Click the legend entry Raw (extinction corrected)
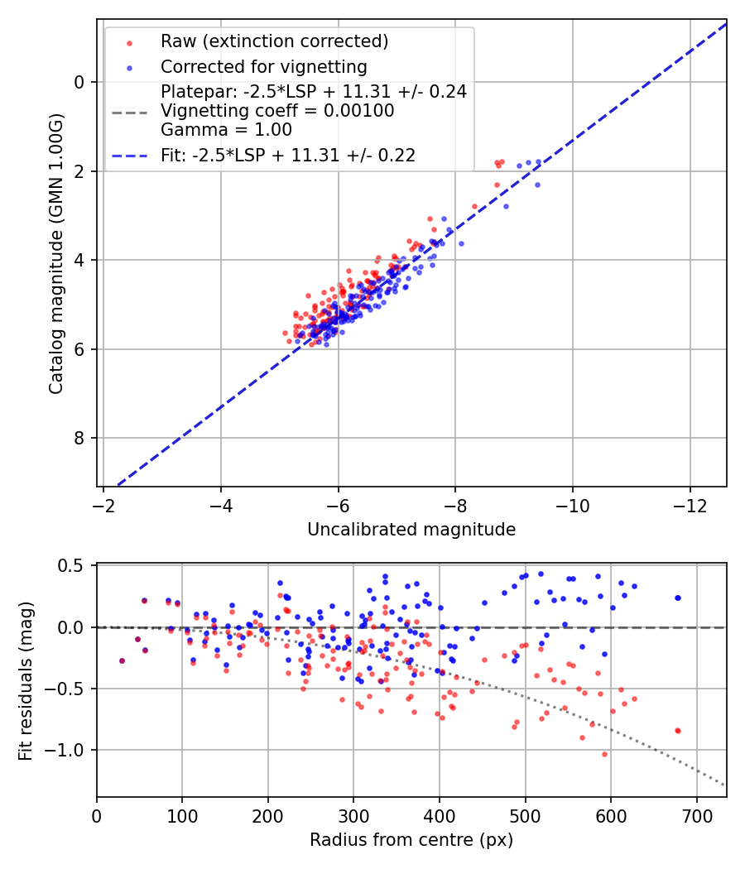coord(274,41)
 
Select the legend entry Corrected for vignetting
coord(263,66)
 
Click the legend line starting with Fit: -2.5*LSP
coord(287,155)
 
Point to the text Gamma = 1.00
coord(226,129)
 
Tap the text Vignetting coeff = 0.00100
coord(276,111)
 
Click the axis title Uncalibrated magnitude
coord(411,530)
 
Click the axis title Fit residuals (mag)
coord(26,680)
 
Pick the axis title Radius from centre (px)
coord(411,840)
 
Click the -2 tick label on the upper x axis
coord(103,505)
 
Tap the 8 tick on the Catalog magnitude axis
coord(79,438)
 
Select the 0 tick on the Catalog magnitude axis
coord(79,82)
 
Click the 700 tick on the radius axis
coord(696,815)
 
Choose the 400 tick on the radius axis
coord(440,815)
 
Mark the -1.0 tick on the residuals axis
coord(70,750)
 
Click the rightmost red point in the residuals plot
coord(678,731)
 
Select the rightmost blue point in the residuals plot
coord(678,598)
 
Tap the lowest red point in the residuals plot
coord(604,754)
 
